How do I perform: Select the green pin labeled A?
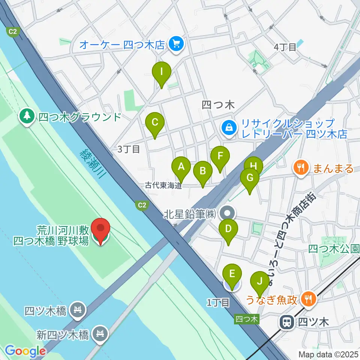[181, 166]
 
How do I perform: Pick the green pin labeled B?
[202, 172]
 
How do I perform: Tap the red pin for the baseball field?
[101, 229]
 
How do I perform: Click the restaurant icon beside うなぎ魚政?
[309, 299]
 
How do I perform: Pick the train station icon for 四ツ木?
[288, 321]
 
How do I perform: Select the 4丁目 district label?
[285, 47]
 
